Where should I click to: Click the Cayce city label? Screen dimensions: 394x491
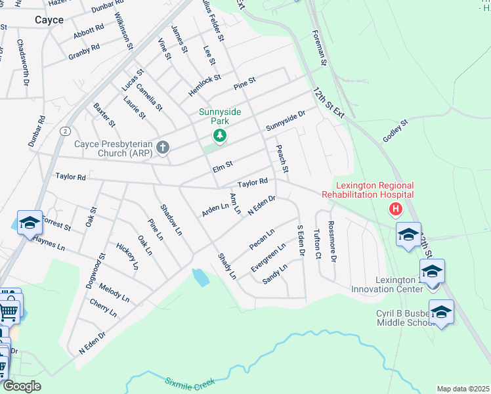point(49,20)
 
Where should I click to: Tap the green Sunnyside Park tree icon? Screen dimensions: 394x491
point(220,135)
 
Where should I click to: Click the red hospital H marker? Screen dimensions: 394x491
point(395,209)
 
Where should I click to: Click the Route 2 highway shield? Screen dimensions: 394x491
point(65,131)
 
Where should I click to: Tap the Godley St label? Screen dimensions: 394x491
point(396,131)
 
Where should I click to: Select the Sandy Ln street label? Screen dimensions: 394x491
point(275,274)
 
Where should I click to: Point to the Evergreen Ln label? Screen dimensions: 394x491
point(268,258)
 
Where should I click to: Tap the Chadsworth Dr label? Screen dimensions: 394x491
point(22,62)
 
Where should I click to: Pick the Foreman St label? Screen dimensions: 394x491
point(320,48)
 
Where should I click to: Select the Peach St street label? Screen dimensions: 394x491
point(283,160)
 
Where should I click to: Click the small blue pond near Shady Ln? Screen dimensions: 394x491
point(202,277)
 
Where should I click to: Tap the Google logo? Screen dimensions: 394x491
point(22,386)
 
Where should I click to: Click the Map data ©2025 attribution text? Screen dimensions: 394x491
point(462,389)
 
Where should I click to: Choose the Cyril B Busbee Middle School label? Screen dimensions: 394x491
point(402,318)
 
